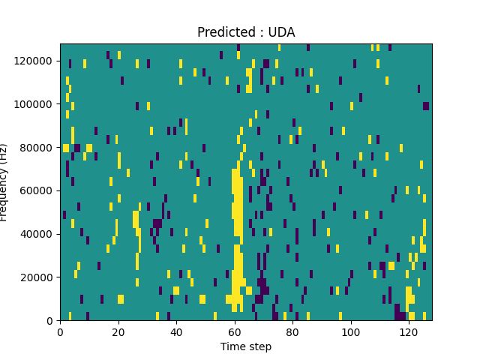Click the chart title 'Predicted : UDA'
point(246,32)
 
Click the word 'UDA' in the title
point(282,32)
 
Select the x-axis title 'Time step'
point(246,346)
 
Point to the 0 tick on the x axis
point(60,331)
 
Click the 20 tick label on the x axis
point(118,331)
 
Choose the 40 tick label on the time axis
point(176,331)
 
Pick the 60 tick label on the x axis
point(234,331)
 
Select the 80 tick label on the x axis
point(292,331)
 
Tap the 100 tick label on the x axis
point(350,331)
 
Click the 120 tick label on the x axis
point(409,331)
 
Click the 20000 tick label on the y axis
point(37,277)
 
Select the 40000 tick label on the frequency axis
point(37,234)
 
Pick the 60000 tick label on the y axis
point(37,190)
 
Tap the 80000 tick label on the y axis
point(37,147)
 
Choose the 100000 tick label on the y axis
point(35,103)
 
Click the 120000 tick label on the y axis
point(35,60)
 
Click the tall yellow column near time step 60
point(237,225)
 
